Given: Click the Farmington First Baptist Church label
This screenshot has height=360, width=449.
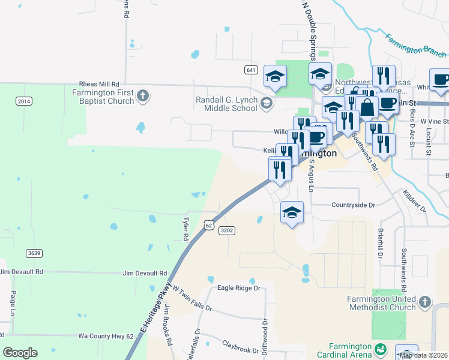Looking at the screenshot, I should coord(103,97).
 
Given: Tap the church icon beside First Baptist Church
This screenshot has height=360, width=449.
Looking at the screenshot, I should coord(142,95).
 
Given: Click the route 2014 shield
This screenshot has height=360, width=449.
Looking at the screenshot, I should coord(23,101).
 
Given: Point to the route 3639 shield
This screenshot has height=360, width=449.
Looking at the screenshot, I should coord(34,253).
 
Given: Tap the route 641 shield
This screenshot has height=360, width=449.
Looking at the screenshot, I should coord(252,70).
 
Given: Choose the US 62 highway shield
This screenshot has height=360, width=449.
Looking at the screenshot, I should coord(208,224).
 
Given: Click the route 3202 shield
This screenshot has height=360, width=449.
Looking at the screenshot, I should coord(227,230).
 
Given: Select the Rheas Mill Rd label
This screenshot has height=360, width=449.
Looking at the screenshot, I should coord(99,85).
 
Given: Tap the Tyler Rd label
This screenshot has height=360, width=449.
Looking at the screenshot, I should coord(186,229).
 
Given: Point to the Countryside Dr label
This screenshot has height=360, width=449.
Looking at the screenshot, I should coord(353,205).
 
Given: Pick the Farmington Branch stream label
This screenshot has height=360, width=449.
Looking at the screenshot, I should coord(415,46).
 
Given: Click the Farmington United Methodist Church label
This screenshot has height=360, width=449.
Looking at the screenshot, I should coord(381,303).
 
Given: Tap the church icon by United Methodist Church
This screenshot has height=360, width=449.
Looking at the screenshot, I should coord(424,302).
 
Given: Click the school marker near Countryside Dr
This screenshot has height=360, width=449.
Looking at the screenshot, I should coord(292,212).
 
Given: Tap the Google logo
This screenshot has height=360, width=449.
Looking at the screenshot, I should coord(20,353).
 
